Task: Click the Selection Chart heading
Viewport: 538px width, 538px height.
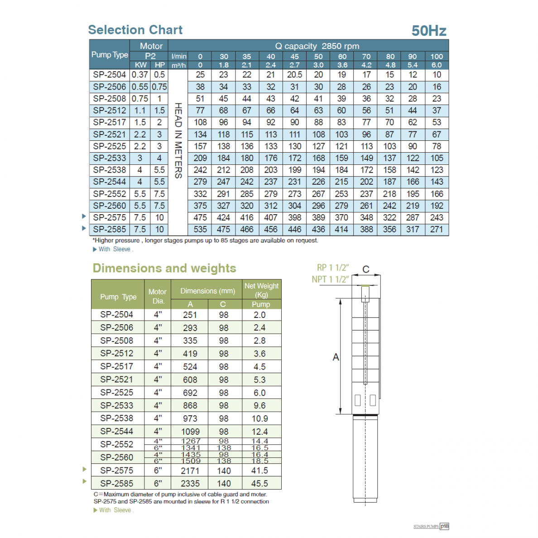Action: click(135, 30)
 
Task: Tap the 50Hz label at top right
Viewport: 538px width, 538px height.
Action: click(429, 31)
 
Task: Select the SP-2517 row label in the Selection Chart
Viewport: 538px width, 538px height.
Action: click(110, 122)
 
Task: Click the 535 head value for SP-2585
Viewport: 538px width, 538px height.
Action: click(200, 229)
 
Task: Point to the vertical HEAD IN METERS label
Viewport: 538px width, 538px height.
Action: click(178, 140)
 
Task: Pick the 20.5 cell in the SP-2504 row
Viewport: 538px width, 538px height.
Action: click(294, 75)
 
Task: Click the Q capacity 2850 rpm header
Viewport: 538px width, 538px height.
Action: click(317, 46)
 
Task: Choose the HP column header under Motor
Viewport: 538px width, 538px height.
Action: click(159, 65)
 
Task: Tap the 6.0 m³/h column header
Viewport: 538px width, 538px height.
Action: click(437, 65)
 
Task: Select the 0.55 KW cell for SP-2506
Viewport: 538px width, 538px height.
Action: click(139, 87)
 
